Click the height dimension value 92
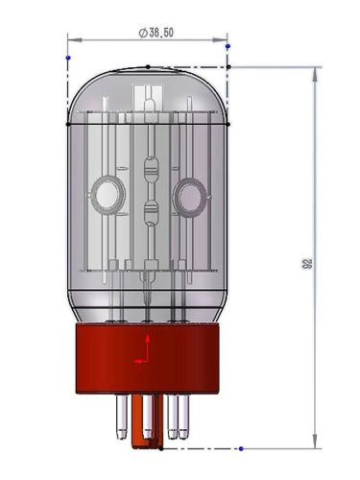[x=307, y=262]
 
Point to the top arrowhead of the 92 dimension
[x=315, y=72]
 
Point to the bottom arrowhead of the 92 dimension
[x=315, y=443]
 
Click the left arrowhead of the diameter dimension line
[x=71, y=39]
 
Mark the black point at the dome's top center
[x=147, y=66]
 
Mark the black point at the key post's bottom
[x=147, y=446]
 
